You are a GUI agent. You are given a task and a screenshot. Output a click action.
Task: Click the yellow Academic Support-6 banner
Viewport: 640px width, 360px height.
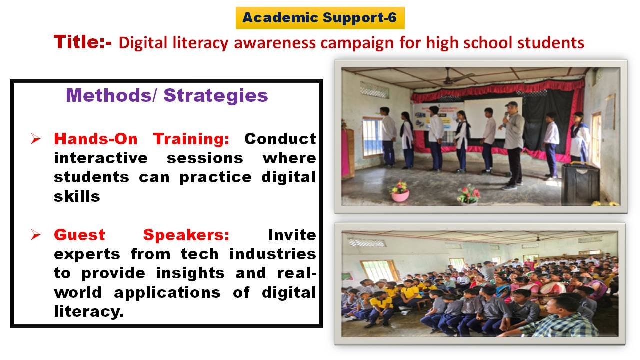coord(320,18)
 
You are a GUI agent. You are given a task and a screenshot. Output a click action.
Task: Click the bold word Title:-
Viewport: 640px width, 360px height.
coord(82,42)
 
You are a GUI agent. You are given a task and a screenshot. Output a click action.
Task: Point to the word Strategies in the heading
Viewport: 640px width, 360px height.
coord(216,96)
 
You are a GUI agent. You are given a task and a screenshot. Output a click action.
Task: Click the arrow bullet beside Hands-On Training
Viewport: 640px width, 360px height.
coord(36,139)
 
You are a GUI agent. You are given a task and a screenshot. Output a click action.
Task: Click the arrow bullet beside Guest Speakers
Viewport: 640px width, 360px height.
coord(36,235)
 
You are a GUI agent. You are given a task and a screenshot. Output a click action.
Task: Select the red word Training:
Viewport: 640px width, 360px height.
coord(191,139)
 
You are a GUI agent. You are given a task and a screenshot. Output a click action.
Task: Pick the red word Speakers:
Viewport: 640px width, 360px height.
coord(186,235)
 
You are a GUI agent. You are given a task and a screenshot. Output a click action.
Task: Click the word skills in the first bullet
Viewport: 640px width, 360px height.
coord(77,196)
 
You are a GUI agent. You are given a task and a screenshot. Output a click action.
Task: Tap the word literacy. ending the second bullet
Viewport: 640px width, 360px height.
coord(89,311)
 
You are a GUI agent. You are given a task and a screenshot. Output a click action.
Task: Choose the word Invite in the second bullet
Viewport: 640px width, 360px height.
coord(292,235)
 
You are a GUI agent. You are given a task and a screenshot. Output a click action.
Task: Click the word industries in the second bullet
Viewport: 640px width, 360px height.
coord(273,254)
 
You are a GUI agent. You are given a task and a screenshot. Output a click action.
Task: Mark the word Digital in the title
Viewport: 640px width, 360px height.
coord(143,43)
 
